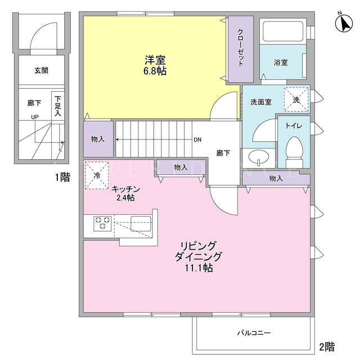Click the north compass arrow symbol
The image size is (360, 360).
(x=344, y=23)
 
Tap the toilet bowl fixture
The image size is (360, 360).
(x=294, y=152)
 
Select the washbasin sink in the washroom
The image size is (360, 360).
(x=259, y=157)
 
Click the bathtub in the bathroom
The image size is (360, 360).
(x=283, y=31)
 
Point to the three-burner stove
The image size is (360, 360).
(x=102, y=223)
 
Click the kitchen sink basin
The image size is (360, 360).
(x=141, y=223)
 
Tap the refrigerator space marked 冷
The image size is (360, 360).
(x=97, y=175)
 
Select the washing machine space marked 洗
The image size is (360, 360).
(x=296, y=100)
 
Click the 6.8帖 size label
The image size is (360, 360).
(x=155, y=71)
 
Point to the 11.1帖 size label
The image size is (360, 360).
(x=199, y=268)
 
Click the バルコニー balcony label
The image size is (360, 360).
(x=254, y=332)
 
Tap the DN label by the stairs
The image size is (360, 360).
(x=197, y=139)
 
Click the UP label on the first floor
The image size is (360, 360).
(x=35, y=117)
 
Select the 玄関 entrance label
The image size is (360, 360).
(x=41, y=70)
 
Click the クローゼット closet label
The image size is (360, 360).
(x=241, y=47)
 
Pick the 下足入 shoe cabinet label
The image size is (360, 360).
(x=58, y=106)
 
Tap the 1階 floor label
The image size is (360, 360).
(x=62, y=177)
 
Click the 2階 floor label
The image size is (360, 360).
(x=327, y=346)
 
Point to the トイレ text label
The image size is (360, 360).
(x=294, y=125)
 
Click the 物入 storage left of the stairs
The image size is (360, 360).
(x=98, y=139)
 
